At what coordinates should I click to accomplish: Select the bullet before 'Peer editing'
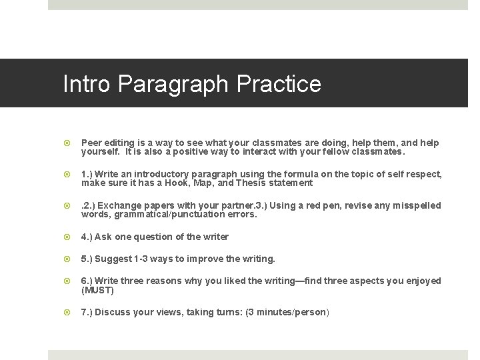pyautogui.click(x=67, y=143)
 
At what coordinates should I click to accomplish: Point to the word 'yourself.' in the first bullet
pyautogui.click(x=101, y=151)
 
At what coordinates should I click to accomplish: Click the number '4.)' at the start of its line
pyautogui.click(x=87, y=237)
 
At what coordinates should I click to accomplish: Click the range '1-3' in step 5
pyautogui.click(x=141, y=259)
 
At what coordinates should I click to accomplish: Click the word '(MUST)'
pyautogui.click(x=98, y=290)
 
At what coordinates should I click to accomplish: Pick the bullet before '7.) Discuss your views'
pyautogui.click(x=67, y=312)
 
